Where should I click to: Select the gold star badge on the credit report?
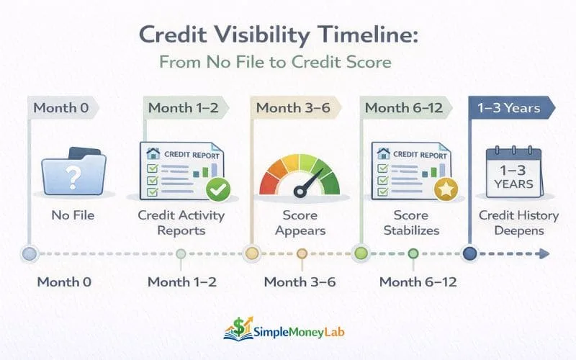[446, 189]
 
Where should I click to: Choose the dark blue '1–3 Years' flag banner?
[512, 108]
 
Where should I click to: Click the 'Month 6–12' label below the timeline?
[413, 282]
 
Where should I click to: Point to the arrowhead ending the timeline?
[544, 253]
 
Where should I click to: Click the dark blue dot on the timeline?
[470, 253]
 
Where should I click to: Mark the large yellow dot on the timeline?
[251, 253]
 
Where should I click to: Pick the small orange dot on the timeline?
[302, 253]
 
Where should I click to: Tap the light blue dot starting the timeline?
[29, 253]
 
